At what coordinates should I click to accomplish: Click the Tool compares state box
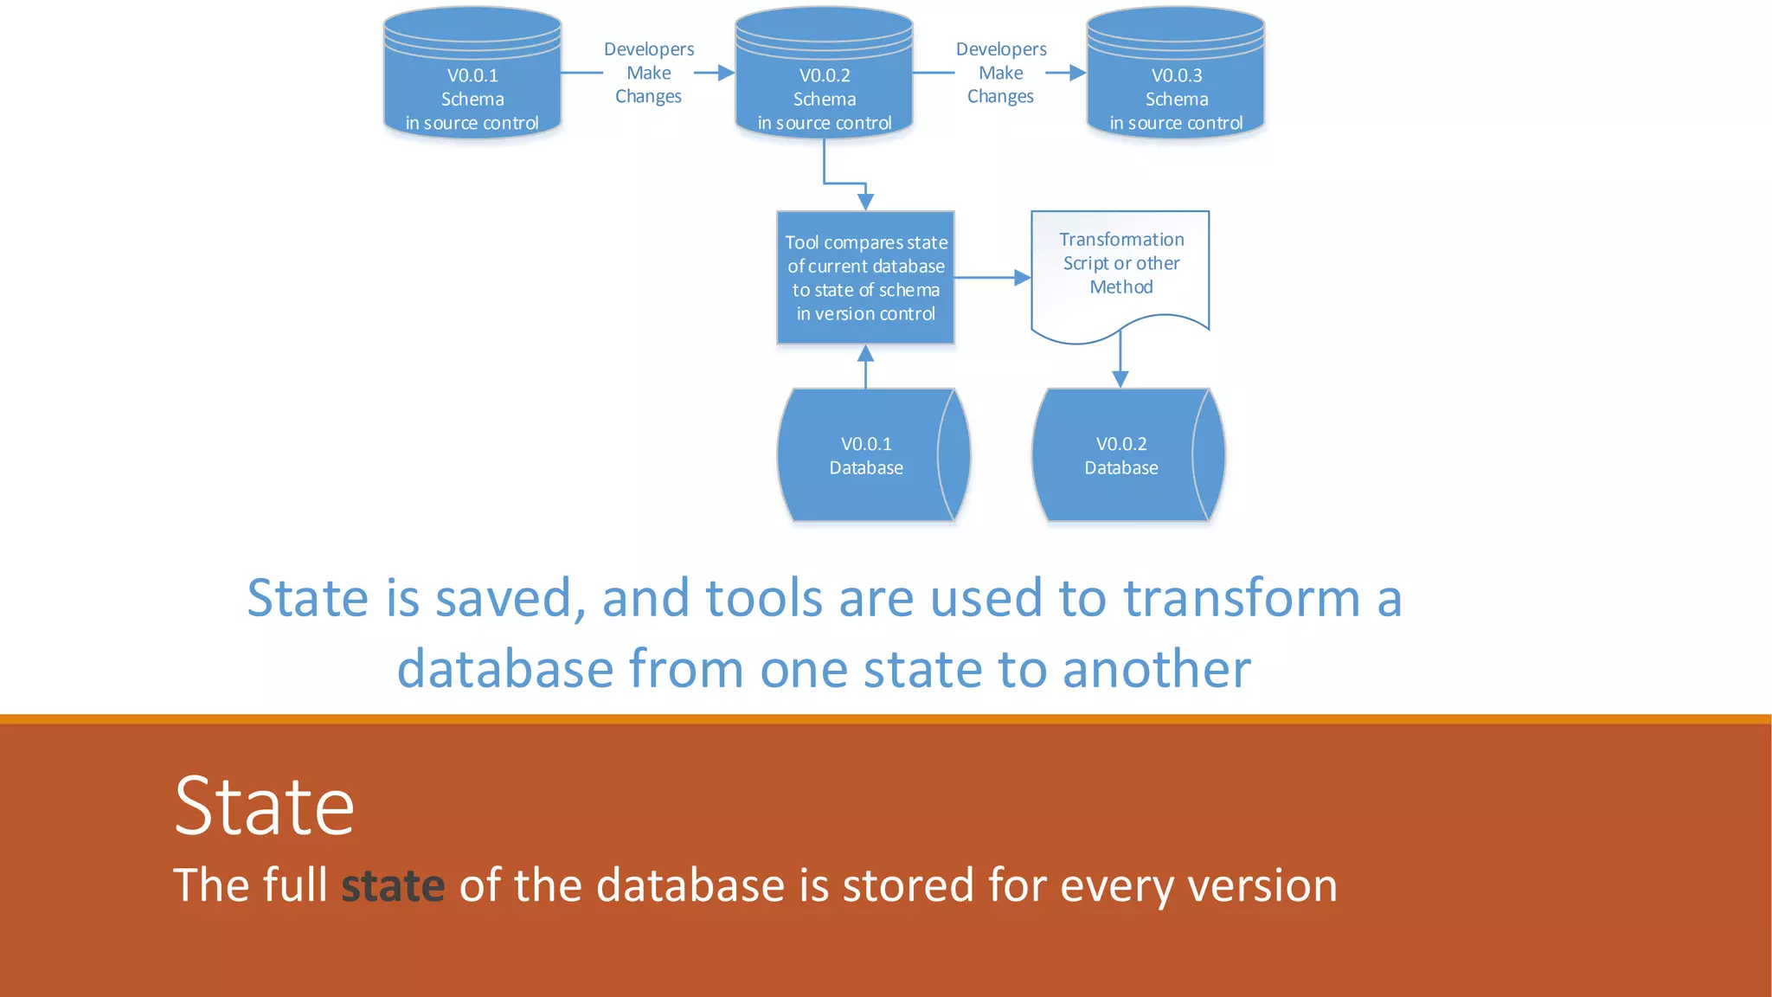point(865,278)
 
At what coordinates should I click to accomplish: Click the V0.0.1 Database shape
point(865,455)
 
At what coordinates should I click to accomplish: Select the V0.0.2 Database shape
point(1120,455)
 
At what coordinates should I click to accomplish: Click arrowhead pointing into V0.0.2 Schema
point(726,73)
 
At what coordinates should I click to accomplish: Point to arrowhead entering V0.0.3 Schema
point(1077,73)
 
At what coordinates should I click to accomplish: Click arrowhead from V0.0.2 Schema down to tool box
point(865,202)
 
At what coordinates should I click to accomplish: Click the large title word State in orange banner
point(264,807)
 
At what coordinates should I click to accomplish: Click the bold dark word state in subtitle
point(393,885)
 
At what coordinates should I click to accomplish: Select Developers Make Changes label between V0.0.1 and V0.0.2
point(648,73)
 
